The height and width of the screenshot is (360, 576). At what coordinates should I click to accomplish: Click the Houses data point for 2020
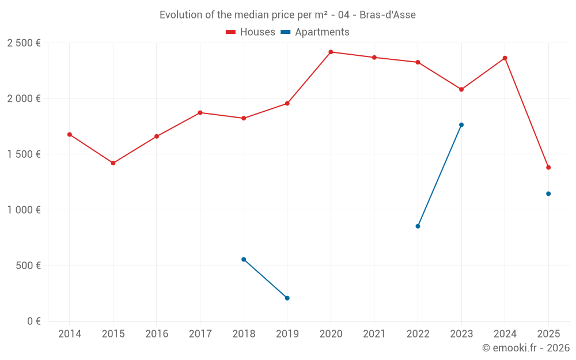(x=331, y=52)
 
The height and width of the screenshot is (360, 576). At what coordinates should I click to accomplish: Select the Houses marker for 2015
(x=113, y=163)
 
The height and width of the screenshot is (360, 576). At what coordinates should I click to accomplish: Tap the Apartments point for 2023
(x=461, y=125)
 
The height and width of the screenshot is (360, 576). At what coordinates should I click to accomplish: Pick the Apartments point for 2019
(x=287, y=298)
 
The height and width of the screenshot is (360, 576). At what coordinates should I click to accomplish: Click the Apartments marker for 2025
(x=548, y=194)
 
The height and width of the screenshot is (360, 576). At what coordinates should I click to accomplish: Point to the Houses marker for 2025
(x=548, y=168)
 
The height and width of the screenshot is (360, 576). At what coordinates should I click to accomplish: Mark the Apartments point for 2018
(x=244, y=259)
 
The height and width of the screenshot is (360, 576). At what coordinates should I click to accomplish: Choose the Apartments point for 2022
(x=418, y=226)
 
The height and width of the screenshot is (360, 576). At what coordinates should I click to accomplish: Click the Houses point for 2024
(x=505, y=58)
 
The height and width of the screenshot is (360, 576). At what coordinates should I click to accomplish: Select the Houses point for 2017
(x=200, y=112)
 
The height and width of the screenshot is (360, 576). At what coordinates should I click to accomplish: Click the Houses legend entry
(x=251, y=32)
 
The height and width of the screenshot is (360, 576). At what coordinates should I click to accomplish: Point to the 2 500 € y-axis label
(x=24, y=43)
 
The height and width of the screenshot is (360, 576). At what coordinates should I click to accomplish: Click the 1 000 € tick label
(x=24, y=210)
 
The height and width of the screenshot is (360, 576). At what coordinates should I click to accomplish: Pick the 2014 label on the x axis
(x=70, y=334)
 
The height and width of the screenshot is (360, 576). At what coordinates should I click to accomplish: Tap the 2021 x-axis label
(x=374, y=334)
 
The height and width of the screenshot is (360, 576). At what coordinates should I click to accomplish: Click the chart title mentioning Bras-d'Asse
(x=287, y=15)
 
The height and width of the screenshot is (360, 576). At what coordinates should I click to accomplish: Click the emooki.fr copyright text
(x=525, y=348)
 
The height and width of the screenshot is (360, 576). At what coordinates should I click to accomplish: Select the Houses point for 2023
(x=461, y=89)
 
